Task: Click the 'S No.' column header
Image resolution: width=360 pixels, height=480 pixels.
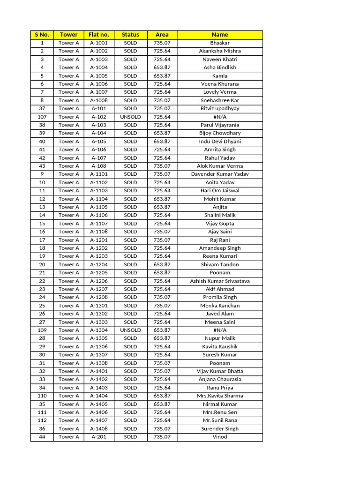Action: coord(42,35)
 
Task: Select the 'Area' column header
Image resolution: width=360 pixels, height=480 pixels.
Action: coord(162,35)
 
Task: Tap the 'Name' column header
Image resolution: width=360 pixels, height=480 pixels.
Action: coord(220,35)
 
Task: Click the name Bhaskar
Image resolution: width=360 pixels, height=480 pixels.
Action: coord(220,43)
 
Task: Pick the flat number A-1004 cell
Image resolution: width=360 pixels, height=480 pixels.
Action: coord(99,67)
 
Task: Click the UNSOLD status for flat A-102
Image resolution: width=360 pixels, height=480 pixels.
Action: coord(130,117)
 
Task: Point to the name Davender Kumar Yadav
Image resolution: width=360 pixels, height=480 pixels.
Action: coord(220,174)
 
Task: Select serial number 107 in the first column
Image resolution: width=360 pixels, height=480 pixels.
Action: coord(42,117)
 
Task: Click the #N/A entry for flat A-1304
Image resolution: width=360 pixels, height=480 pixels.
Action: coord(220,330)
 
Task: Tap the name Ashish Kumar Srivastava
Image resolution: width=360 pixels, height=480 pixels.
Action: coord(220,281)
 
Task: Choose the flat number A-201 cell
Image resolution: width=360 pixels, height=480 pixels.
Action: coord(99,437)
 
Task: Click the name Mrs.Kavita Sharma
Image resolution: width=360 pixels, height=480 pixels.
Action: coord(220,396)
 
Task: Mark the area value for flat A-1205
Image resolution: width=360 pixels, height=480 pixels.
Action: coord(162,273)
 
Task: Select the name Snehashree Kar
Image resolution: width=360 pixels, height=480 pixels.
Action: coord(220,100)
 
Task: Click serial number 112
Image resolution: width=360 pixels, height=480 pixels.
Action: coord(42,420)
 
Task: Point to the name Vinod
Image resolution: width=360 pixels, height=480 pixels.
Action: coord(220,437)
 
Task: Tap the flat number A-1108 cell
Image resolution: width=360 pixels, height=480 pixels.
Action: coord(99,232)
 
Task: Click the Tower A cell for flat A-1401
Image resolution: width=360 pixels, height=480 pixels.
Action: coord(69,371)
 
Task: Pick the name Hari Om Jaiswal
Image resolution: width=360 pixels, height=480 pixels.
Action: coord(220,190)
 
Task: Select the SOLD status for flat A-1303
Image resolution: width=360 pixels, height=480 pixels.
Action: coord(130,322)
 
